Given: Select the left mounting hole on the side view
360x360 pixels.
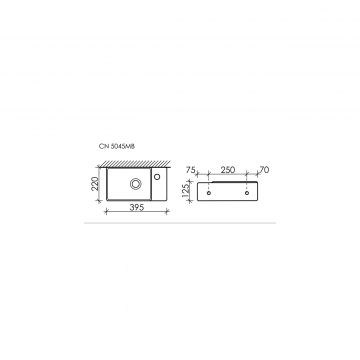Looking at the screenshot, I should (x=210, y=186).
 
